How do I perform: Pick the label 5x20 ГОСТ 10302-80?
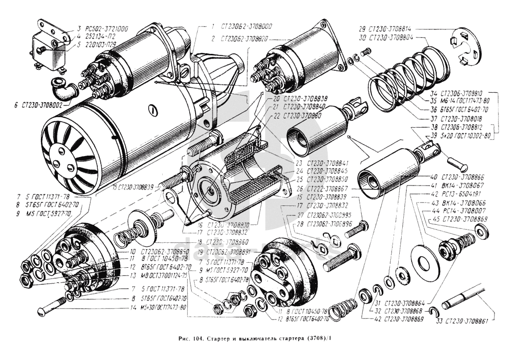[463, 135]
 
